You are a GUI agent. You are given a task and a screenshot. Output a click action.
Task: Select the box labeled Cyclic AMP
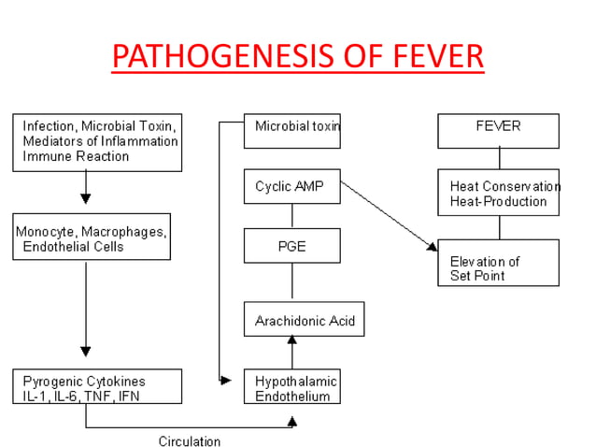(x=291, y=186)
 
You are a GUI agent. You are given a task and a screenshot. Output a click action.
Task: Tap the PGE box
(x=291, y=246)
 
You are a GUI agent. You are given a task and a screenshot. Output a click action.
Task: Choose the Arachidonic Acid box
(x=304, y=320)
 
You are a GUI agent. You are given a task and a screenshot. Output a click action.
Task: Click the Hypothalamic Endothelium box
(x=291, y=388)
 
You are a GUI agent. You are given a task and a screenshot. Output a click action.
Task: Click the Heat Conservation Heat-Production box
(x=499, y=193)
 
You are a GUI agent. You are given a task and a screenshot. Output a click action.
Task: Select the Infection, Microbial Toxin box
(x=97, y=142)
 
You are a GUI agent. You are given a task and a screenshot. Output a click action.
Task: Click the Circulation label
(x=190, y=440)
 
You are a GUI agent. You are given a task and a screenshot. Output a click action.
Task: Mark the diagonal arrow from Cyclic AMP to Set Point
(x=388, y=216)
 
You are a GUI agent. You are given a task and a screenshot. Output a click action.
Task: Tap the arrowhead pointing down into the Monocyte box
(x=86, y=198)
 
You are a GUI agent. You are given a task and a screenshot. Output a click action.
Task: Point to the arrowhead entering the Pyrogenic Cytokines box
(x=86, y=352)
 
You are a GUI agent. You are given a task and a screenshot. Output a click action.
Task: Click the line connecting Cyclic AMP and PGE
(x=292, y=216)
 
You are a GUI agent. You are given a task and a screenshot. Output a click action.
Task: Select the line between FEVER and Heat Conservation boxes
(x=499, y=158)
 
